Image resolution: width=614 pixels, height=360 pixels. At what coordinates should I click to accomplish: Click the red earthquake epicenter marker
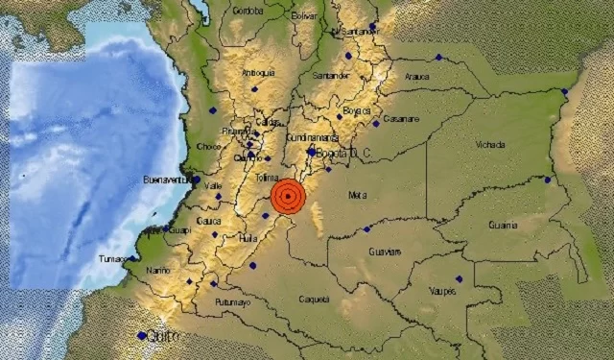pos(288,196)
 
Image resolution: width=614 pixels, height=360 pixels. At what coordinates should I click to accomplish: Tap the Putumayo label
pos(232,302)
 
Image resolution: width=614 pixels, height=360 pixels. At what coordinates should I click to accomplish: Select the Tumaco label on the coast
pos(113,259)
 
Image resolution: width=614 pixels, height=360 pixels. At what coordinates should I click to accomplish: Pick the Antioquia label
pos(258,72)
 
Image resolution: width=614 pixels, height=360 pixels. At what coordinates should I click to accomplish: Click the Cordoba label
pos(248,12)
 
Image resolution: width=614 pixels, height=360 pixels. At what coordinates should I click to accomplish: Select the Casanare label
pos(402,119)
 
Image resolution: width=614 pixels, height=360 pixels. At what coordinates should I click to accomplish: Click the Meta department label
pos(358,195)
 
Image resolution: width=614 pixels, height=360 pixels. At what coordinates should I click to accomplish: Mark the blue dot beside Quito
pos(142,335)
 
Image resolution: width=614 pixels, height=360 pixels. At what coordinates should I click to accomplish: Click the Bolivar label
pos(303,16)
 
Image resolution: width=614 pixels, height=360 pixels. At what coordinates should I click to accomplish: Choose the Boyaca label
pos(357,111)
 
